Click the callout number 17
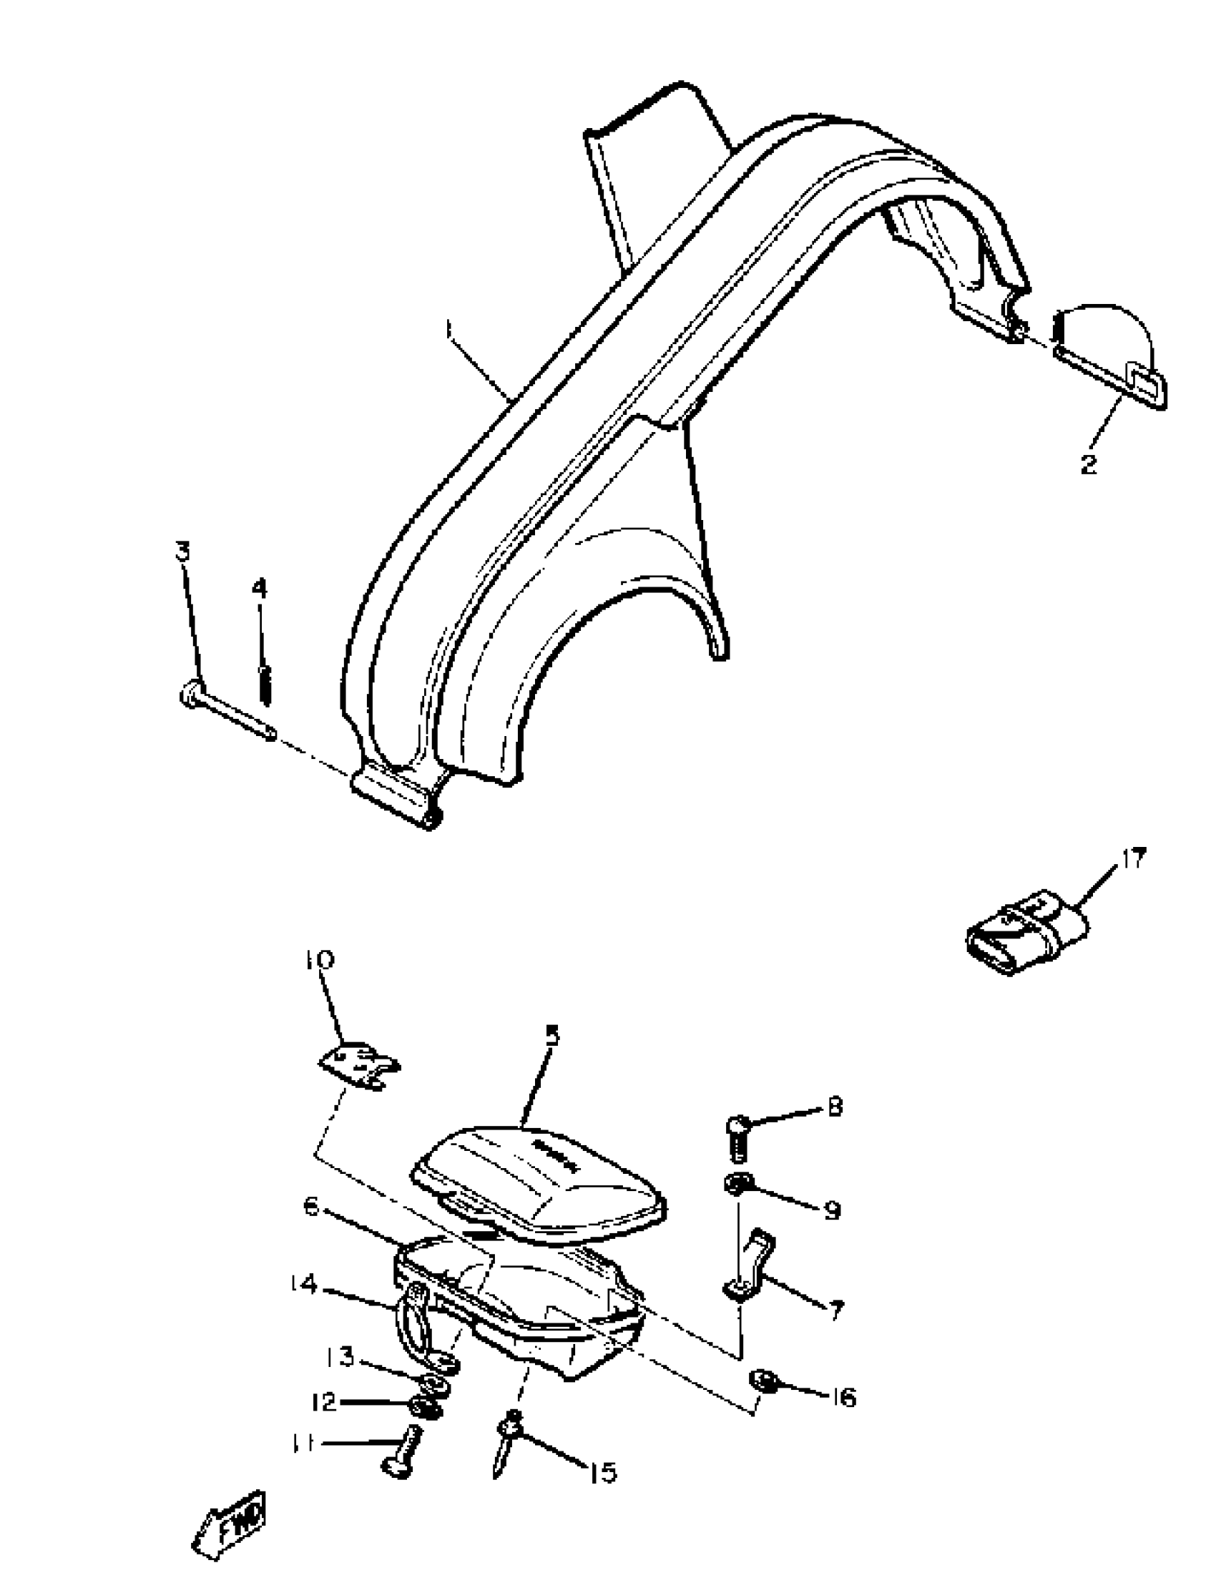pos(1134,859)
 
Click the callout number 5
pos(551,1036)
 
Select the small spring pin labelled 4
pos(265,685)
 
